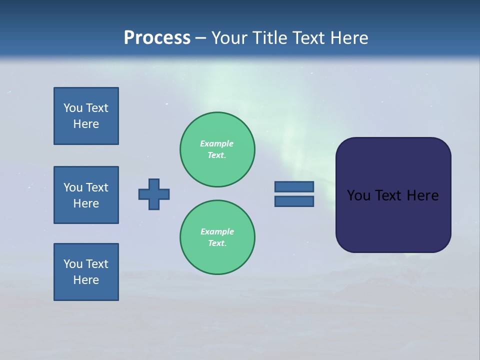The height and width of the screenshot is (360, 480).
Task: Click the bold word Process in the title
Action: coord(157,38)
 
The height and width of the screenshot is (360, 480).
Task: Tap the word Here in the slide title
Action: coord(348,38)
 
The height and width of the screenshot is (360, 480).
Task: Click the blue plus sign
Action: coord(154,194)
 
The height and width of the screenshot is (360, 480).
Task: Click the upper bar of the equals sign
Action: coord(294,186)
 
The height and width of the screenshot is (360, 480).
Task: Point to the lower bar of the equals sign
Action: coord(294,201)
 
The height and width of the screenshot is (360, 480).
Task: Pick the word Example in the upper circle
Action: coord(217,143)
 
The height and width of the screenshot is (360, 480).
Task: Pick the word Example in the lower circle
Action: coord(217,231)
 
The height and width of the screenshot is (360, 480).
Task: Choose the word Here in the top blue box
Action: coord(86,124)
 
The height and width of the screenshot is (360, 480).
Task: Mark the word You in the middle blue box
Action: coord(73,187)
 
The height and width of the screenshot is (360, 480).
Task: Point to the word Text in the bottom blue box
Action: coord(96,264)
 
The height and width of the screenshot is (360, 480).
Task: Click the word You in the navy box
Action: coord(358,195)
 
